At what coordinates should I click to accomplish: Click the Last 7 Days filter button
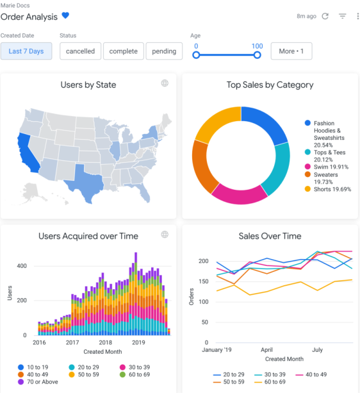(x=26, y=51)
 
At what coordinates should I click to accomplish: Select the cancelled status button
(x=80, y=51)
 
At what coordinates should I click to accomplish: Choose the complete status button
(x=123, y=51)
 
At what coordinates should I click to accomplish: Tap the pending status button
(x=164, y=51)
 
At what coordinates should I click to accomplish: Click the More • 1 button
(x=291, y=51)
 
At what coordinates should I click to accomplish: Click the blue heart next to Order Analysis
(x=65, y=16)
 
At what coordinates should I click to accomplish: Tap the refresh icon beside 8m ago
(x=325, y=16)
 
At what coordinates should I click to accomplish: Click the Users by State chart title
(x=88, y=85)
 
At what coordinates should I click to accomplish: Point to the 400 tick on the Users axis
(x=22, y=265)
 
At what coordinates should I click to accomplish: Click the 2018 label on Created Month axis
(x=104, y=343)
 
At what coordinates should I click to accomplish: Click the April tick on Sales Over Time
(x=266, y=351)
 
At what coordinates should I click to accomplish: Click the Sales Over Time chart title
(x=270, y=236)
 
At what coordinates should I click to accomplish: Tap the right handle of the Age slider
(x=257, y=55)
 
